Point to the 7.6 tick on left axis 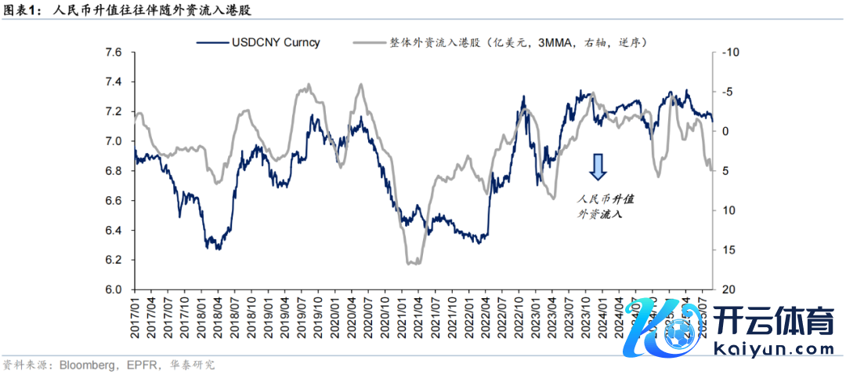[x=114, y=53]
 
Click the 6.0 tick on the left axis [x=114, y=289]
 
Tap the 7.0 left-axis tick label [x=114, y=141]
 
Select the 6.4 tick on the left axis [x=114, y=231]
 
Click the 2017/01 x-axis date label [x=136, y=319]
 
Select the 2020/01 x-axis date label [x=335, y=319]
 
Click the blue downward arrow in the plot [x=598, y=167]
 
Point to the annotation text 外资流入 [x=599, y=213]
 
